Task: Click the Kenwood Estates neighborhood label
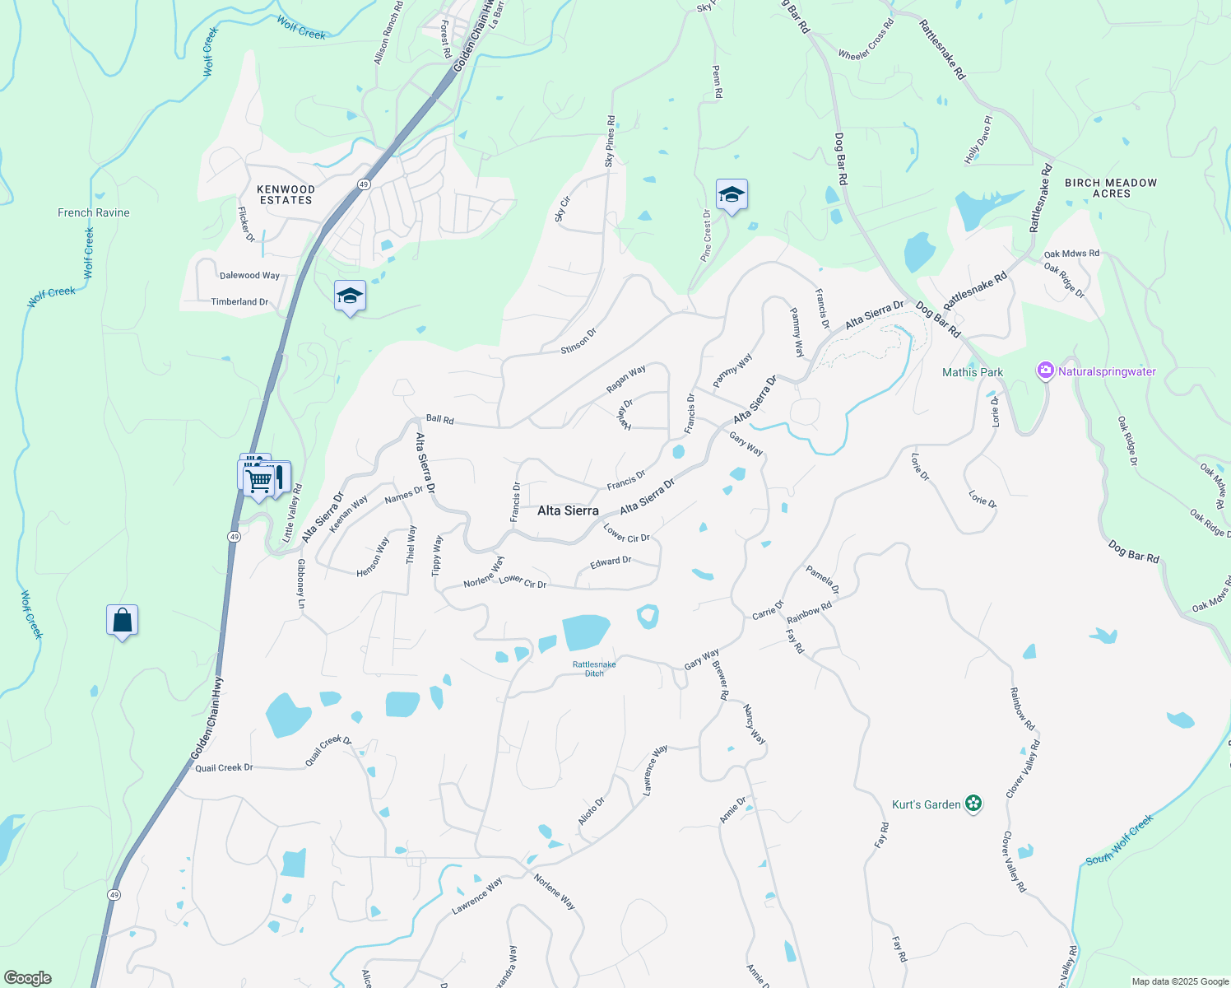coord(286,195)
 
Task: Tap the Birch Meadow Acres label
coord(1111,188)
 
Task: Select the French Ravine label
coord(94,212)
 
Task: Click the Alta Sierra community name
coord(568,510)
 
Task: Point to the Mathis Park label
coord(973,372)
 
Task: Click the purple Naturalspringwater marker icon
coord(1045,370)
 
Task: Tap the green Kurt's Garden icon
coord(973,804)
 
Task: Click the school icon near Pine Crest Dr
coord(732,195)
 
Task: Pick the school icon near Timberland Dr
coord(350,296)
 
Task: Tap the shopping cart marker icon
coord(259,479)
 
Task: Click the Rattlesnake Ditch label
coord(594,669)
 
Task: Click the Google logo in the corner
coord(28,978)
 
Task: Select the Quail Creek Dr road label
coord(224,768)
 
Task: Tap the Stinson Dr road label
coord(578,341)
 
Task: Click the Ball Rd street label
coord(440,420)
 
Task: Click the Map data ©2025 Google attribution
coord(1180,981)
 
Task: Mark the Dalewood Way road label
coord(249,276)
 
